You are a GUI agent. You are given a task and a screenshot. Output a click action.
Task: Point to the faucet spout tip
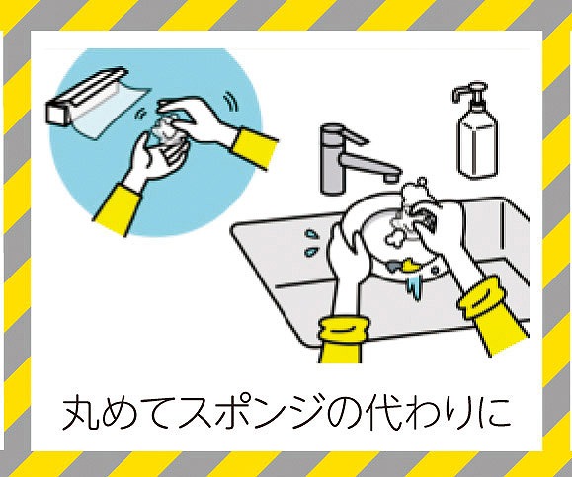coord(390,178)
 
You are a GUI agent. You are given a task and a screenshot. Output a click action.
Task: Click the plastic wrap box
coord(87,96)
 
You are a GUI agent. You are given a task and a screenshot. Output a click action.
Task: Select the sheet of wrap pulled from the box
coord(111,109)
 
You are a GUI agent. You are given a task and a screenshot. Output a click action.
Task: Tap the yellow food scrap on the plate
coord(410,266)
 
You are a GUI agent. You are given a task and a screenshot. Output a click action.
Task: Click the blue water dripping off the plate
coord(414,286)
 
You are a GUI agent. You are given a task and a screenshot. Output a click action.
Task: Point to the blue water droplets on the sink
coord(311,243)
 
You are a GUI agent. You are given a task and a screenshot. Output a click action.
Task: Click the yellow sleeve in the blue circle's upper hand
coord(254,149)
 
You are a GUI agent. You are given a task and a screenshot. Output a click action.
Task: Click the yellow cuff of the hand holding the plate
coord(342,339)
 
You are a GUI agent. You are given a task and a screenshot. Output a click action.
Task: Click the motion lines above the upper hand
coord(231,102)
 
